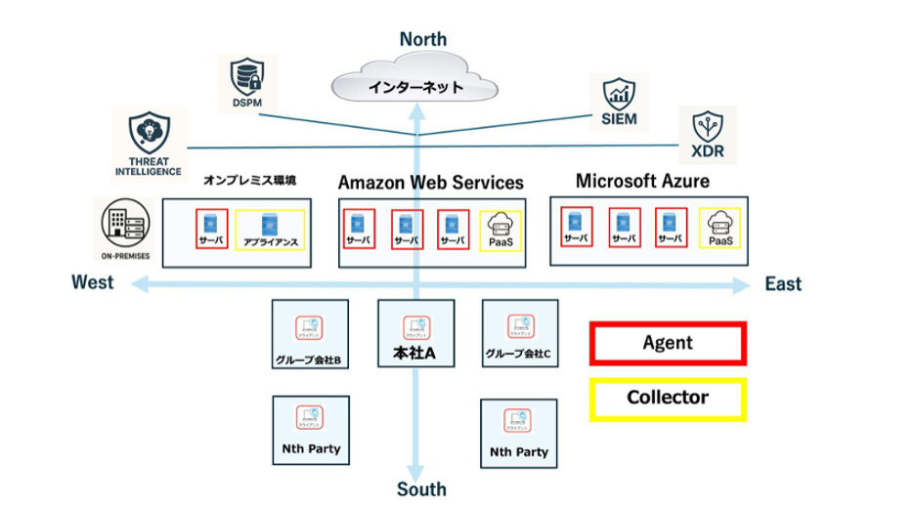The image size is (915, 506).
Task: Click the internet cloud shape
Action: [x=415, y=85]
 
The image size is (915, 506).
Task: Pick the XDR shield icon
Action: [x=708, y=131]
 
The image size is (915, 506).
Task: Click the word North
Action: [x=422, y=39]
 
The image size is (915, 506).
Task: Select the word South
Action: [x=421, y=489]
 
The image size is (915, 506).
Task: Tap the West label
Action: [x=92, y=282]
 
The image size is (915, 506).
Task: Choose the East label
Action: [x=783, y=284]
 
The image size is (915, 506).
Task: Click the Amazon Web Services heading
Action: [x=430, y=183]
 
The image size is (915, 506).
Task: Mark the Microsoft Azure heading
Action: [x=642, y=182]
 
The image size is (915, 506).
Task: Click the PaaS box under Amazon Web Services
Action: [x=501, y=231]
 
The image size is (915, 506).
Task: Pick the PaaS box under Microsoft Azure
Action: [x=719, y=229]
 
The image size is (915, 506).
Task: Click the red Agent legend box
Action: [x=668, y=343]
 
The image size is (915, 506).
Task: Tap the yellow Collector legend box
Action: [x=668, y=399]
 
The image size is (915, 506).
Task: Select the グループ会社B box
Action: [x=309, y=335]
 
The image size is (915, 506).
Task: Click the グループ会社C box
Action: [x=519, y=333]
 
